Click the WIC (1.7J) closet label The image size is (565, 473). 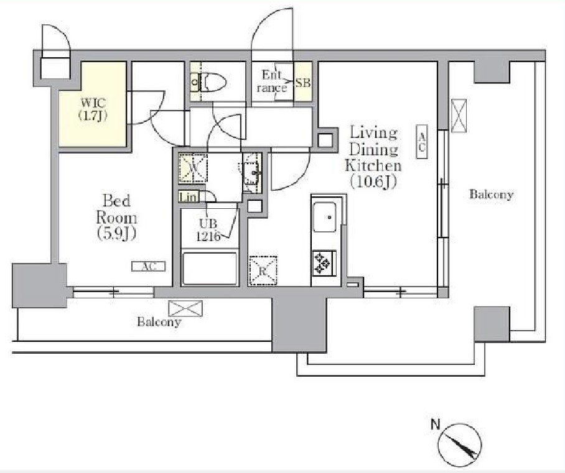pyautogui.click(x=93, y=109)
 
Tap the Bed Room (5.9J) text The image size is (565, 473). pyautogui.click(x=116, y=217)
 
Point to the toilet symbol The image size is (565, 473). pyautogui.click(x=208, y=83)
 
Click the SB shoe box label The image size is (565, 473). pyautogui.click(x=302, y=83)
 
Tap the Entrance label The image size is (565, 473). pyautogui.click(x=272, y=81)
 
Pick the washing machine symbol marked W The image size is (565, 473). pyautogui.click(x=193, y=167)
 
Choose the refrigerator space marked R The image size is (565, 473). pyautogui.click(x=263, y=270)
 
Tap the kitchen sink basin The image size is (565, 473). pyautogui.click(x=324, y=217)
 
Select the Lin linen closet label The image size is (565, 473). pyautogui.click(x=189, y=197)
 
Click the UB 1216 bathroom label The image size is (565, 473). pyautogui.click(x=208, y=230)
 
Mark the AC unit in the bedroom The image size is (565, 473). pyautogui.click(x=149, y=267)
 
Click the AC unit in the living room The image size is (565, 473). pyautogui.click(x=422, y=142)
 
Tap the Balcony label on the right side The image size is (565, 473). pyautogui.click(x=491, y=195)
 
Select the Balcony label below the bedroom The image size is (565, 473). pyautogui.click(x=159, y=322)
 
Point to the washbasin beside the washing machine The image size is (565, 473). pyautogui.click(x=252, y=173)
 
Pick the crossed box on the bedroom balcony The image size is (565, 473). pyautogui.click(x=185, y=308)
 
